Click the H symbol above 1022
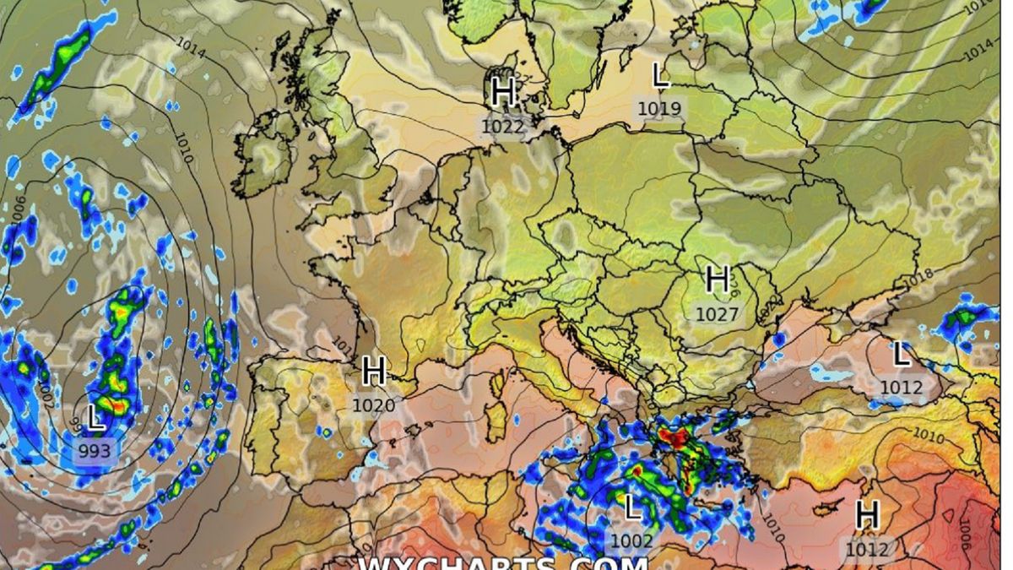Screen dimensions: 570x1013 (503, 92)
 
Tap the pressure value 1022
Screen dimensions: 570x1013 (503, 126)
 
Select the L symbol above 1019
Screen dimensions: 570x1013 (661, 77)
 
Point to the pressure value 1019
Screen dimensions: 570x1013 (659, 108)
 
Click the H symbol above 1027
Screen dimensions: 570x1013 (718, 279)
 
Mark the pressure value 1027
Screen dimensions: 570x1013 (718, 314)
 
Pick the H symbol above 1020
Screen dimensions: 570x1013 (374, 371)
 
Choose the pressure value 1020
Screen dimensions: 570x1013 (374, 405)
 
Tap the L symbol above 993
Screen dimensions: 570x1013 (96, 418)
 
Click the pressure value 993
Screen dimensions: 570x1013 (95, 451)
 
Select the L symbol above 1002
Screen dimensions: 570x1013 (631, 508)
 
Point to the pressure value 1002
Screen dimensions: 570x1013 (631, 541)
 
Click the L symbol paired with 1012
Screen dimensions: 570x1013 (902, 355)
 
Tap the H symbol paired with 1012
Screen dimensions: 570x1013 (867, 514)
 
